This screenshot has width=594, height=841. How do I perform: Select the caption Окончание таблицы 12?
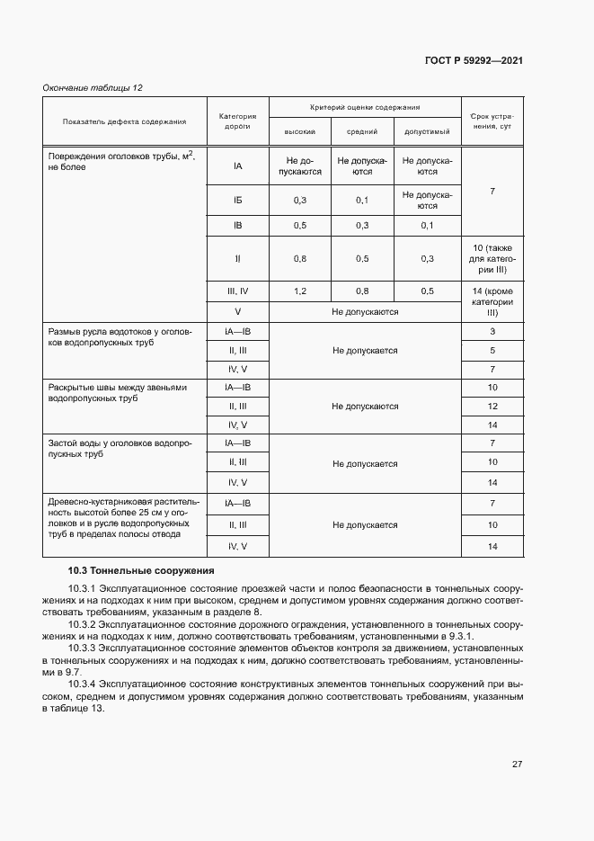(93, 87)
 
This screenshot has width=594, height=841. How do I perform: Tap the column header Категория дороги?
(237, 121)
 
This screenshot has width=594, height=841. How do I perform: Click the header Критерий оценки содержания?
(365, 107)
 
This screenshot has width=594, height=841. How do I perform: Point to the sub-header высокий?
(300, 132)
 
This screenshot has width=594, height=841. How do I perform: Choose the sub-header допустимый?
(427, 132)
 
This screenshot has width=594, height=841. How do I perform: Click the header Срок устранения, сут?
(492, 121)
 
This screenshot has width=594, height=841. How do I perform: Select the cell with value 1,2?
(300, 291)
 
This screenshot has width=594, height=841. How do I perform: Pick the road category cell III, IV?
(237, 291)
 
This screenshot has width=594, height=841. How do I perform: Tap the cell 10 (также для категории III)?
(492, 258)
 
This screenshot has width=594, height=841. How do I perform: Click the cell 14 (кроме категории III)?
(492, 302)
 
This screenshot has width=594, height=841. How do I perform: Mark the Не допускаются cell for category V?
(365, 312)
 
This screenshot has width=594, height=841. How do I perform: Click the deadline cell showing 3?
(492, 332)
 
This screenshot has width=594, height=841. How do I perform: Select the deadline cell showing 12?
(492, 407)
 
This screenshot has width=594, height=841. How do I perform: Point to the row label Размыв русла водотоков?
(120, 337)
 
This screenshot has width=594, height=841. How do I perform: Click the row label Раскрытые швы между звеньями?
(117, 392)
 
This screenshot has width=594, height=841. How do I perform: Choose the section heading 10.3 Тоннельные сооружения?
(141, 570)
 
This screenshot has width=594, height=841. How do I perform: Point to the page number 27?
(517, 765)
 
